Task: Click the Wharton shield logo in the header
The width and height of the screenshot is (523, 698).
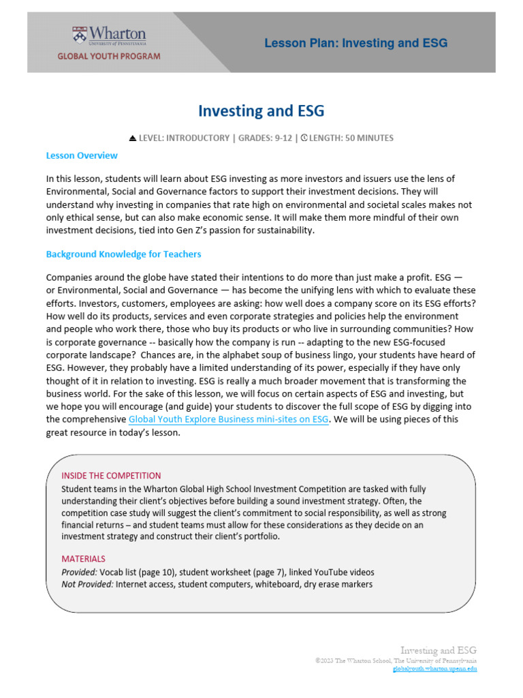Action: click(x=80, y=36)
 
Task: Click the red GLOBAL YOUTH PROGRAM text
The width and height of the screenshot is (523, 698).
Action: click(x=109, y=57)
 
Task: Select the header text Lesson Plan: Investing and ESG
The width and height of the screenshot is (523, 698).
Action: click(x=355, y=43)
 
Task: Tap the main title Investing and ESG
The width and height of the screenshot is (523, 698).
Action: click(x=261, y=110)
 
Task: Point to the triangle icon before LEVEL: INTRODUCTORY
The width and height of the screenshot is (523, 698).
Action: click(x=133, y=138)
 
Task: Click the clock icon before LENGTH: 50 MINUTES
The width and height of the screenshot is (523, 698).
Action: click(x=304, y=138)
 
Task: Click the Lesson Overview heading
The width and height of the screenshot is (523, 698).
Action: click(x=81, y=155)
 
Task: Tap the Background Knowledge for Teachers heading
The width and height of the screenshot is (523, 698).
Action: click(x=123, y=254)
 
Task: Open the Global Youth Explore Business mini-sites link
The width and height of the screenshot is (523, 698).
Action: click(x=229, y=419)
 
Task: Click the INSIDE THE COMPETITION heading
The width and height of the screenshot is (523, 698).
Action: click(x=111, y=475)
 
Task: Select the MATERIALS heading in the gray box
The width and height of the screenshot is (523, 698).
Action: click(x=83, y=558)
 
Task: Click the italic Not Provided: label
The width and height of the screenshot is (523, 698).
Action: click(x=87, y=584)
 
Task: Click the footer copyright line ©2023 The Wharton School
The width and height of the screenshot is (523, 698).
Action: click(x=396, y=661)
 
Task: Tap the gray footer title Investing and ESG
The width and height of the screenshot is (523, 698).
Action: click(x=438, y=650)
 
